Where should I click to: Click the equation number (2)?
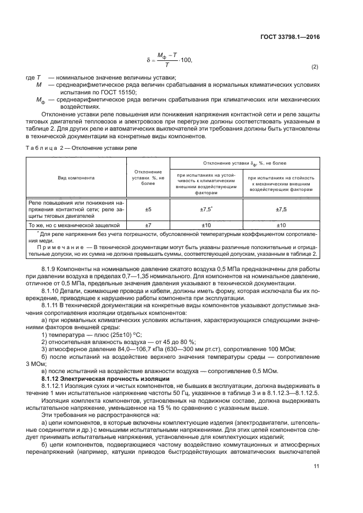pyautogui.click(x=315, y=67)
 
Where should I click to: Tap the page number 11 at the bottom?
pyautogui.click(x=315, y=466)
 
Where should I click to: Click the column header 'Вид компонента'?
pyautogui.click(x=76, y=178)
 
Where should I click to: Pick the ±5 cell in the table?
pyautogui.click(x=148, y=210)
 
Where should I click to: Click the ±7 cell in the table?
pyautogui.click(x=148, y=225)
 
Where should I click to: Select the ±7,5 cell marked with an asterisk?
pyautogui.click(x=206, y=210)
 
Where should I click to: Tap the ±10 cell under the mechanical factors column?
pyautogui.click(x=281, y=225)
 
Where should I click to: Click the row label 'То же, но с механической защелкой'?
pyautogui.click(x=74, y=225)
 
